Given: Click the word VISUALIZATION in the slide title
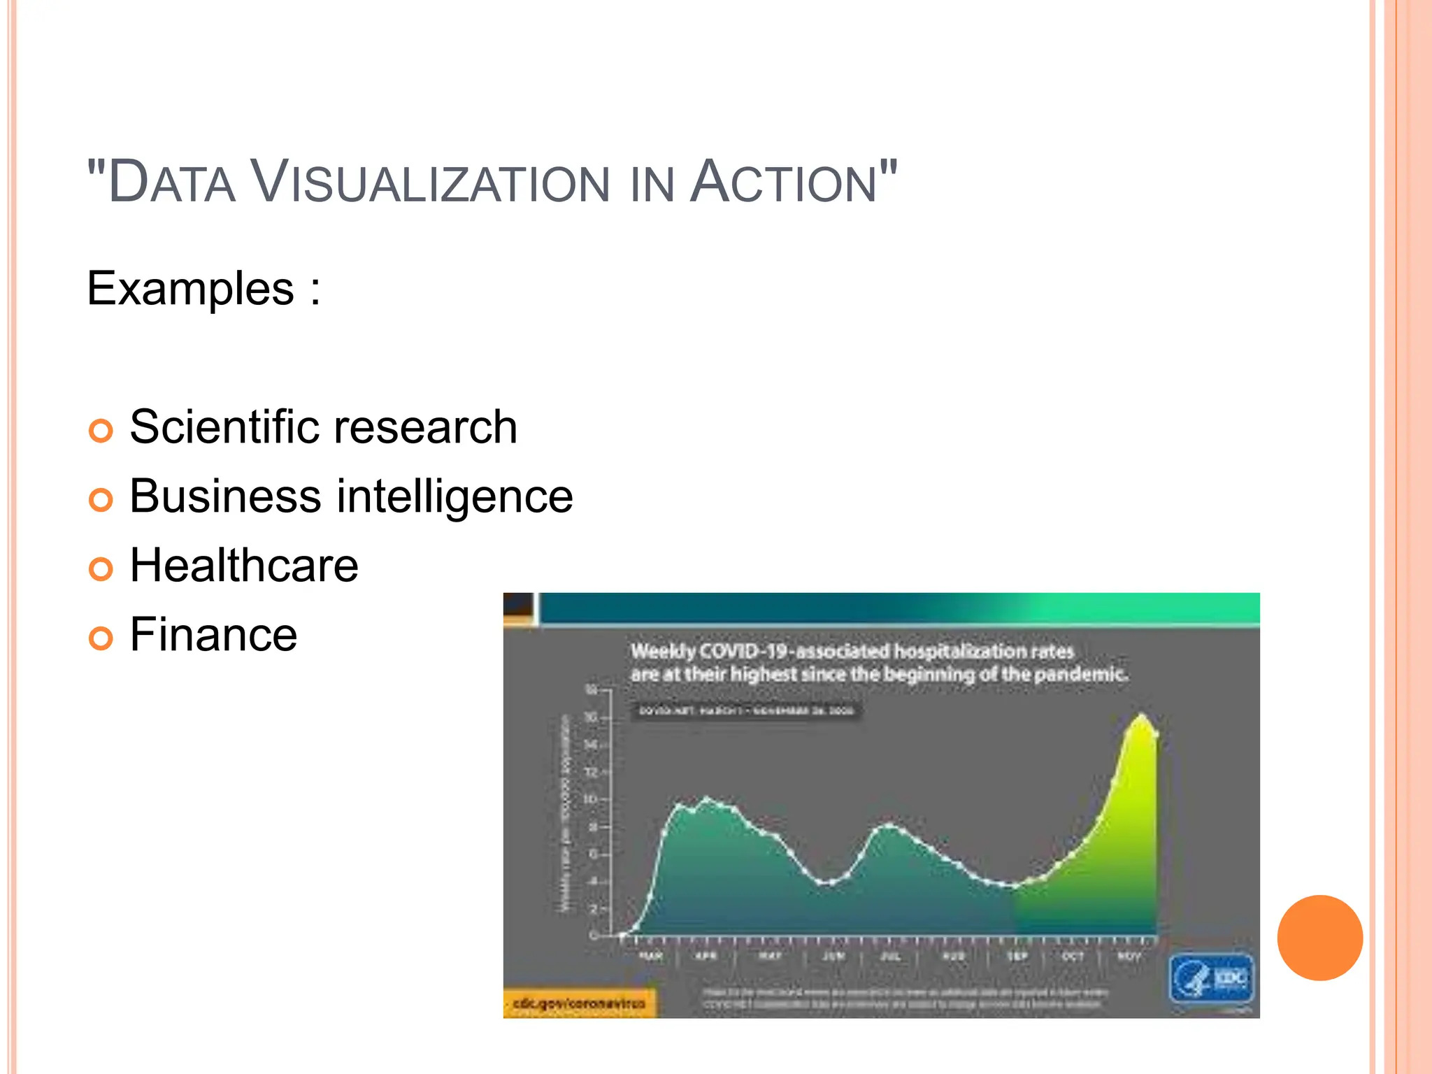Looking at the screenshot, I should [x=431, y=182].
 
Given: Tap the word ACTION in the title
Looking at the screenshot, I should [x=783, y=182].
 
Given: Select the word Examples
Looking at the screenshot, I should [x=190, y=289].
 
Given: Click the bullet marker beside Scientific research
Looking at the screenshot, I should [x=101, y=431].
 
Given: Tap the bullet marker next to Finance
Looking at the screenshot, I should [x=101, y=638].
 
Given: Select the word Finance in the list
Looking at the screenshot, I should [x=213, y=634].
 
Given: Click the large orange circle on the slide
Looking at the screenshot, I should [x=1319, y=938].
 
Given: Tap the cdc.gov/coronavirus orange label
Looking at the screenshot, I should [x=579, y=1003].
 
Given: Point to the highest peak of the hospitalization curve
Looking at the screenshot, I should [x=1142, y=715].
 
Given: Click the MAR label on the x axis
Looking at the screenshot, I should [x=650, y=956].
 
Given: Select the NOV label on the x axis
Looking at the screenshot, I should [x=1129, y=956].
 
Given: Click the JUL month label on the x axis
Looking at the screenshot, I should [x=889, y=956].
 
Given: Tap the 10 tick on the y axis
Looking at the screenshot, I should [x=591, y=799].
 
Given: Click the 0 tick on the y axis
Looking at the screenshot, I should [x=593, y=936].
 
